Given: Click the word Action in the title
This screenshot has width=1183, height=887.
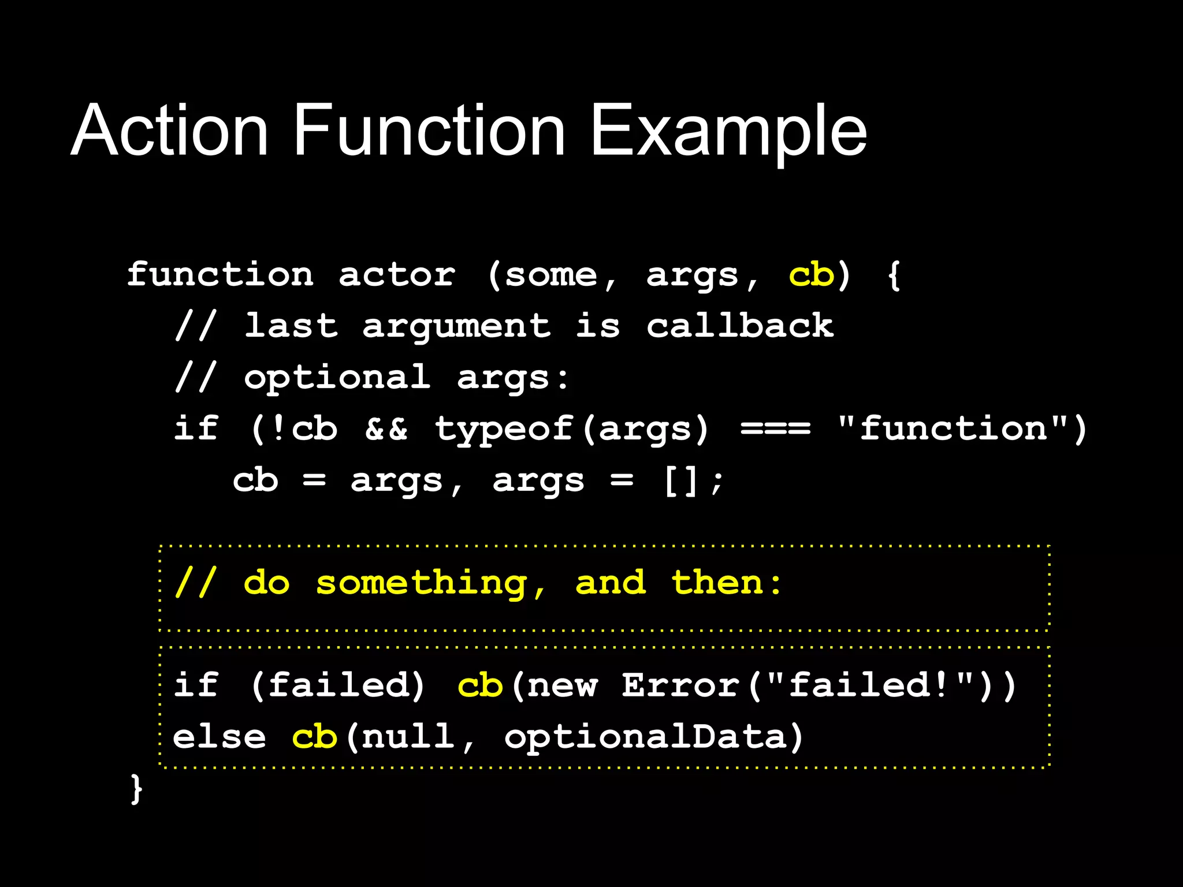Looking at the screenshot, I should [169, 131].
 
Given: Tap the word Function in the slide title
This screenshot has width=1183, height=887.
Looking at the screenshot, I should [429, 131].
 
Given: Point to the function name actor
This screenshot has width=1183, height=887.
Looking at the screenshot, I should [397, 275].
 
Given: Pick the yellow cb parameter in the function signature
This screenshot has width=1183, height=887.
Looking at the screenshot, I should [811, 274].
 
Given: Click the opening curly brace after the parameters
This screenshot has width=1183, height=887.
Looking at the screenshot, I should [894, 275].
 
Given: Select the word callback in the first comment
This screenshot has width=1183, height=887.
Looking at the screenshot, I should [740, 326].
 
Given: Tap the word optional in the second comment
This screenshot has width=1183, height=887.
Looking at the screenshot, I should [337, 378].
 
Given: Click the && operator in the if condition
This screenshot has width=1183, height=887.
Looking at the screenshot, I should [386, 429].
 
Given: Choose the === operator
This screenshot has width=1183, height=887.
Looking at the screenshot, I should [775, 429].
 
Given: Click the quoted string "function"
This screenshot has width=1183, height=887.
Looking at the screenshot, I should [953, 429].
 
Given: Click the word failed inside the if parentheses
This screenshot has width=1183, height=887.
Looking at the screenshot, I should [338, 685].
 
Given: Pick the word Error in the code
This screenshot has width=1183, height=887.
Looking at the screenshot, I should [680, 685].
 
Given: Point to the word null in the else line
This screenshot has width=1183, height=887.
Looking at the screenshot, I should [408, 737].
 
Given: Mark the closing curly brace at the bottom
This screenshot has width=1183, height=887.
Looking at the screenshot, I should [136, 789].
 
